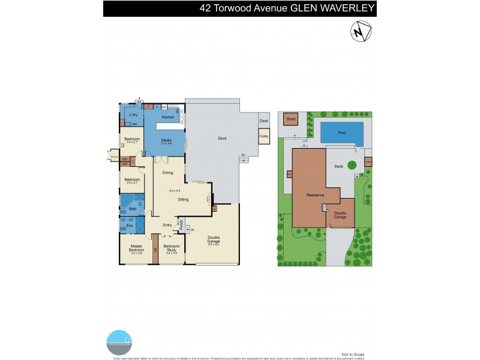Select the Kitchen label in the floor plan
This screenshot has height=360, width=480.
(x=168, y=117)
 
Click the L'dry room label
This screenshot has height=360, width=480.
(x=134, y=115)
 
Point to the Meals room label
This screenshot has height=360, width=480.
(x=166, y=140)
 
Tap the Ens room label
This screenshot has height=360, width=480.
(x=128, y=225)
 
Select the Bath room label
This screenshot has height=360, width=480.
(x=133, y=209)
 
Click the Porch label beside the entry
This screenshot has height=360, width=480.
(x=181, y=226)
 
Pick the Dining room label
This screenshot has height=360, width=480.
(x=167, y=173)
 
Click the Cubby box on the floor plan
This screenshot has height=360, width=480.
(x=264, y=136)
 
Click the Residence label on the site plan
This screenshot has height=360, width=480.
(x=315, y=194)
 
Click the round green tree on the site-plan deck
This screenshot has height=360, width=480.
(x=352, y=164)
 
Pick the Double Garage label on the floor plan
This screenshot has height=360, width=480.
(x=214, y=239)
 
